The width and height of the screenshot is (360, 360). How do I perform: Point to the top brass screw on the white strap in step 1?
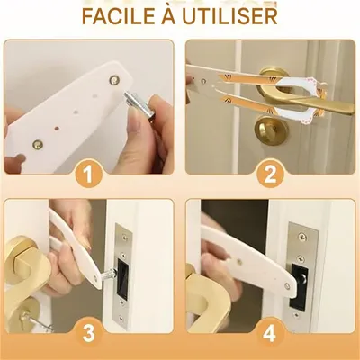[x=114, y=80]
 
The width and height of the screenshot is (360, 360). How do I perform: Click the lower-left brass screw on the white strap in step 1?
[x=37, y=143]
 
